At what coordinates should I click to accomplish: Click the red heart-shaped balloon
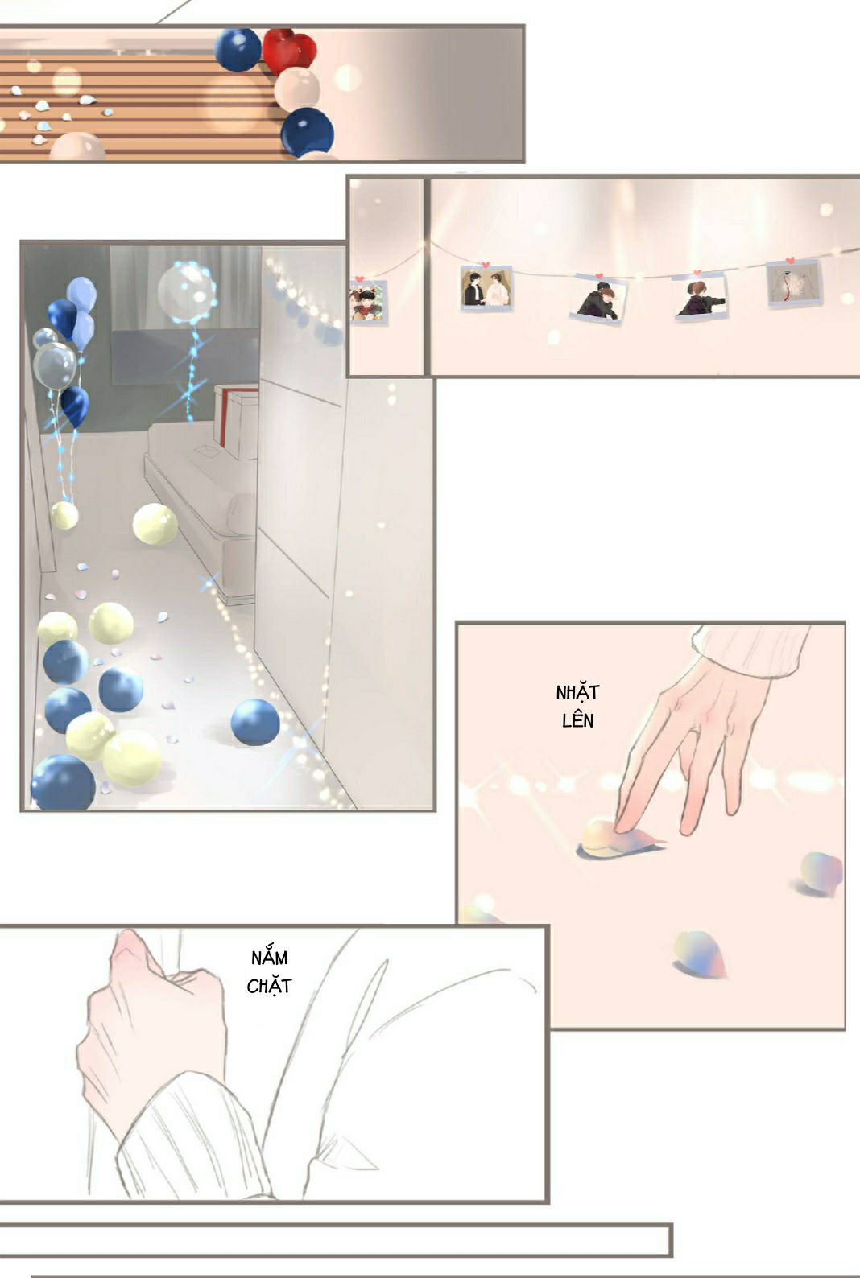(x=290, y=50)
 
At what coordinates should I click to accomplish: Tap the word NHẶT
(x=577, y=692)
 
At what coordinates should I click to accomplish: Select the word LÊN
(x=577, y=720)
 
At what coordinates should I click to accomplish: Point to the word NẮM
(x=269, y=958)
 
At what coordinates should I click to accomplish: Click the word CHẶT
(x=269, y=986)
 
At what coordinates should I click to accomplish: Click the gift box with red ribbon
(x=236, y=421)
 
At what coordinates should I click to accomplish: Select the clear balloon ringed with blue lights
(x=186, y=291)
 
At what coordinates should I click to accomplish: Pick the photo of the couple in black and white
(x=486, y=289)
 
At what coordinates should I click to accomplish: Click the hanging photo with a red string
(x=794, y=283)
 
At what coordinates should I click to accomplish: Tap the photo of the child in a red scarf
(x=367, y=303)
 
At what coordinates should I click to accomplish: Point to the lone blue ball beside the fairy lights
(x=254, y=723)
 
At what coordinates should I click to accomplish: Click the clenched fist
(x=151, y=1021)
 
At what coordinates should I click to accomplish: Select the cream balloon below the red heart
(x=296, y=89)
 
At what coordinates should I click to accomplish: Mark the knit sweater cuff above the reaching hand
(x=749, y=650)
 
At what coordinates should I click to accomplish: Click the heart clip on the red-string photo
(x=790, y=261)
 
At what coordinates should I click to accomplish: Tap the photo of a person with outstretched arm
(x=700, y=297)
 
